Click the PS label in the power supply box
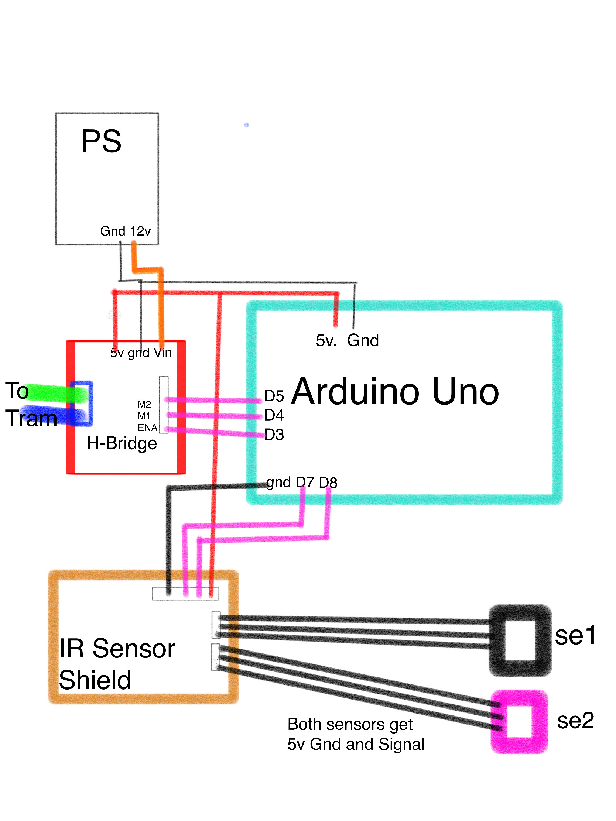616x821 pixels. pyautogui.click(x=101, y=141)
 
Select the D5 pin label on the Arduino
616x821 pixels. pyautogui.click(x=274, y=396)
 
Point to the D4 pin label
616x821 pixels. pyautogui.click(x=274, y=415)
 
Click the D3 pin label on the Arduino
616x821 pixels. pyautogui.click(x=274, y=434)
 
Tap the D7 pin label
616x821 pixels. pyautogui.click(x=304, y=482)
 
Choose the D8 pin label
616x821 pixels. pyautogui.click(x=328, y=482)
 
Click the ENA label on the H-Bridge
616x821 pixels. pyautogui.click(x=147, y=427)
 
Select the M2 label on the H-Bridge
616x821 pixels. pyautogui.click(x=144, y=404)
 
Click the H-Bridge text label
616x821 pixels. pyautogui.click(x=122, y=443)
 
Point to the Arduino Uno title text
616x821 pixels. pyautogui.click(x=395, y=392)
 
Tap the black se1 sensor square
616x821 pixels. pyautogui.click(x=520, y=640)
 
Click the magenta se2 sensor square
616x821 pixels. pyautogui.click(x=519, y=722)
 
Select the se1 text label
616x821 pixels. pyautogui.click(x=575, y=635)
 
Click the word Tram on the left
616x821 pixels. pyautogui.click(x=31, y=418)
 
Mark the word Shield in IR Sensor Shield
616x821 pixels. pyautogui.click(x=95, y=680)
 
